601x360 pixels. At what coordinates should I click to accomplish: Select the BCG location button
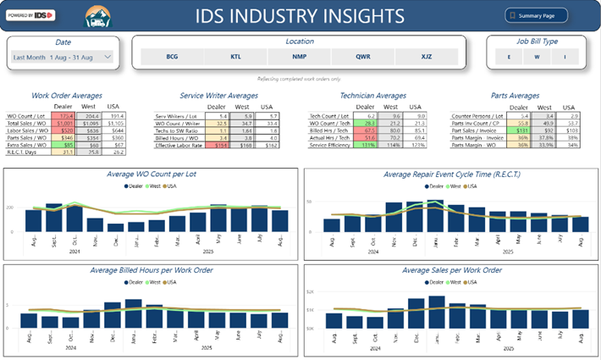(172, 57)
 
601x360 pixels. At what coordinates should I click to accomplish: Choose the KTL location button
(235, 57)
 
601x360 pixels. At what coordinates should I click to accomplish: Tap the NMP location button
(299, 57)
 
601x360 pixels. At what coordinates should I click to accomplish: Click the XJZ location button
(426, 57)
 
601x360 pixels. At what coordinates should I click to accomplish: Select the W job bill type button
(536, 57)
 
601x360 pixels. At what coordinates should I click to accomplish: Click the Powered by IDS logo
(30, 15)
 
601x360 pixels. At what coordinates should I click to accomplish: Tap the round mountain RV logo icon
(97, 15)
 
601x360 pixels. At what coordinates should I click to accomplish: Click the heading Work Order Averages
(66, 96)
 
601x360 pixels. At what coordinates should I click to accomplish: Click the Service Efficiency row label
(330, 145)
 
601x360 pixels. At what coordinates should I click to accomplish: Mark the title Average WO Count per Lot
(151, 174)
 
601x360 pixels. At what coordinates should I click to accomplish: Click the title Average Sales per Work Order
(452, 270)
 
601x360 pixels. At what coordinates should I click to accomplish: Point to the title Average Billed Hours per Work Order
(151, 270)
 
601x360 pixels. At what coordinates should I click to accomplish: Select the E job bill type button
(509, 57)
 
